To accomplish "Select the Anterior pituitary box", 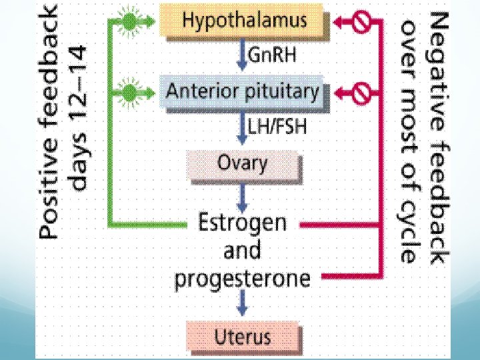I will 243,91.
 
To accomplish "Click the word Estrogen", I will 242,223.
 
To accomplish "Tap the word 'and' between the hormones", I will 242,251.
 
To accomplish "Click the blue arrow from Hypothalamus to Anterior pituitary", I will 243,56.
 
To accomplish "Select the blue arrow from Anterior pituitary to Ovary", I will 243,127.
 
